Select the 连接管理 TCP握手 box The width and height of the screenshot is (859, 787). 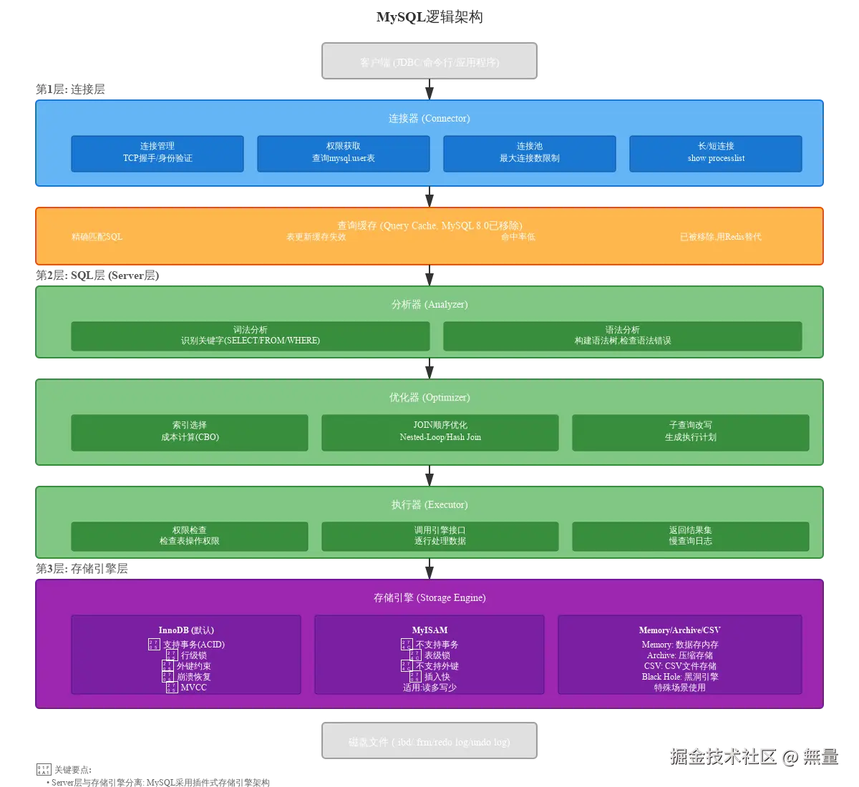157,153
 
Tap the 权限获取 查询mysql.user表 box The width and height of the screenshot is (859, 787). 344,153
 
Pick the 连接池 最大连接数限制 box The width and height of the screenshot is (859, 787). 530,153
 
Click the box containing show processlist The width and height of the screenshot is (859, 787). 716,153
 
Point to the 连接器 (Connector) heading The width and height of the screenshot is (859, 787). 429,118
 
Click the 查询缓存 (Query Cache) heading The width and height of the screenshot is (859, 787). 429,225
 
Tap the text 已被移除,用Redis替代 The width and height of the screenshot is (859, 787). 720,237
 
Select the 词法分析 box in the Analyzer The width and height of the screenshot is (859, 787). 251,336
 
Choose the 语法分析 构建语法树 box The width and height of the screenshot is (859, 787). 623,336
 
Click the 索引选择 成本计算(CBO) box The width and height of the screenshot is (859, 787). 190,431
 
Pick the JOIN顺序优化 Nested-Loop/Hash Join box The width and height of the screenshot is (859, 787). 440,431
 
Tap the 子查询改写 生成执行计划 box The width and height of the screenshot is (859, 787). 691,431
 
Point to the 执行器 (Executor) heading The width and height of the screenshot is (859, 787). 429,504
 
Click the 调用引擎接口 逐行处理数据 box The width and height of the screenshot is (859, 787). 440,536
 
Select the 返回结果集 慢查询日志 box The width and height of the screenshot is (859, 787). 691,536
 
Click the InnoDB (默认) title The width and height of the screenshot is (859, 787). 186,630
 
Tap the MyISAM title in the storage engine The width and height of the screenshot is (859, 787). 429,630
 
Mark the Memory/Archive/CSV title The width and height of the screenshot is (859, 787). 680,630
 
